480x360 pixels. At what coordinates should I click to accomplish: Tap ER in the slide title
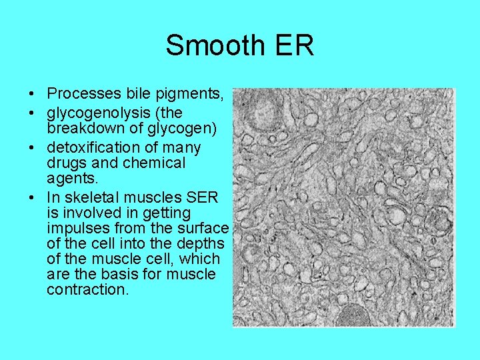292,46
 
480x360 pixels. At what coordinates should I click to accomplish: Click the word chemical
153,163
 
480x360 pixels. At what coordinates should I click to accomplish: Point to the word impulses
76,228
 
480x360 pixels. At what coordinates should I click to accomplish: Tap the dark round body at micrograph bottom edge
354,315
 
